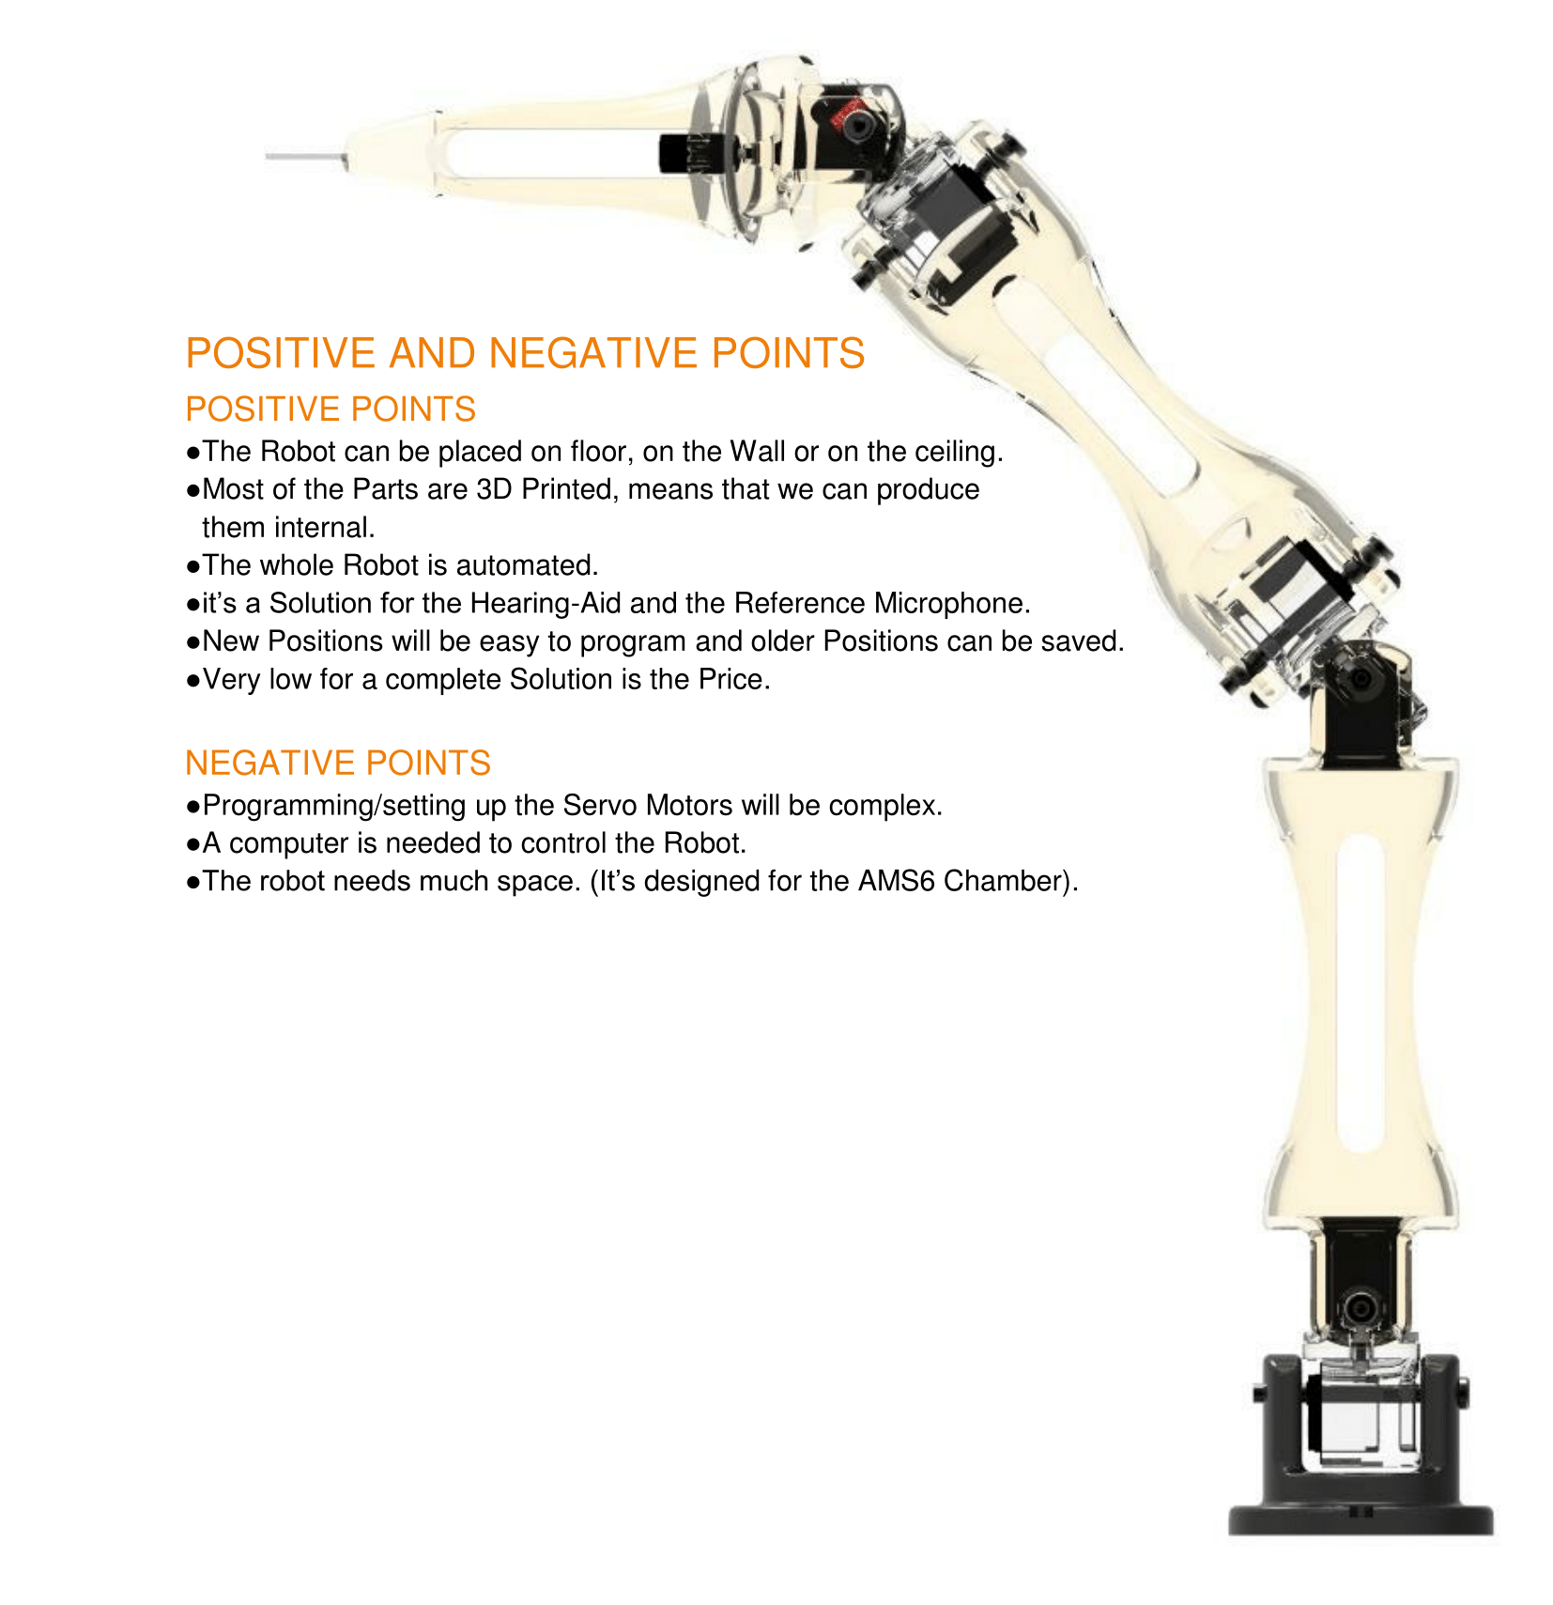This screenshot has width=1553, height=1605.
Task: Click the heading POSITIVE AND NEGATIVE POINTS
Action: click(x=524, y=354)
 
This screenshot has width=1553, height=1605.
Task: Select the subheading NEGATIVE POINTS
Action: click(x=337, y=763)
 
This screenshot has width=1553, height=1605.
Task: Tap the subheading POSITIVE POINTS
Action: click(x=330, y=409)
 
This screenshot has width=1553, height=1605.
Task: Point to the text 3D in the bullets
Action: click(x=494, y=489)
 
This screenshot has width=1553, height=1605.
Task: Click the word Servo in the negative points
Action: click(x=599, y=806)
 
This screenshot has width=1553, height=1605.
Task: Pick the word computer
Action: click(x=288, y=843)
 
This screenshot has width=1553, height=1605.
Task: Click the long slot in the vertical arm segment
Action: click(x=1359, y=991)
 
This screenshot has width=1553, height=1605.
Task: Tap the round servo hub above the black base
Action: click(x=1359, y=1307)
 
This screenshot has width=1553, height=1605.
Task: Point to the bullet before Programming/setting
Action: click(x=192, y=807)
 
